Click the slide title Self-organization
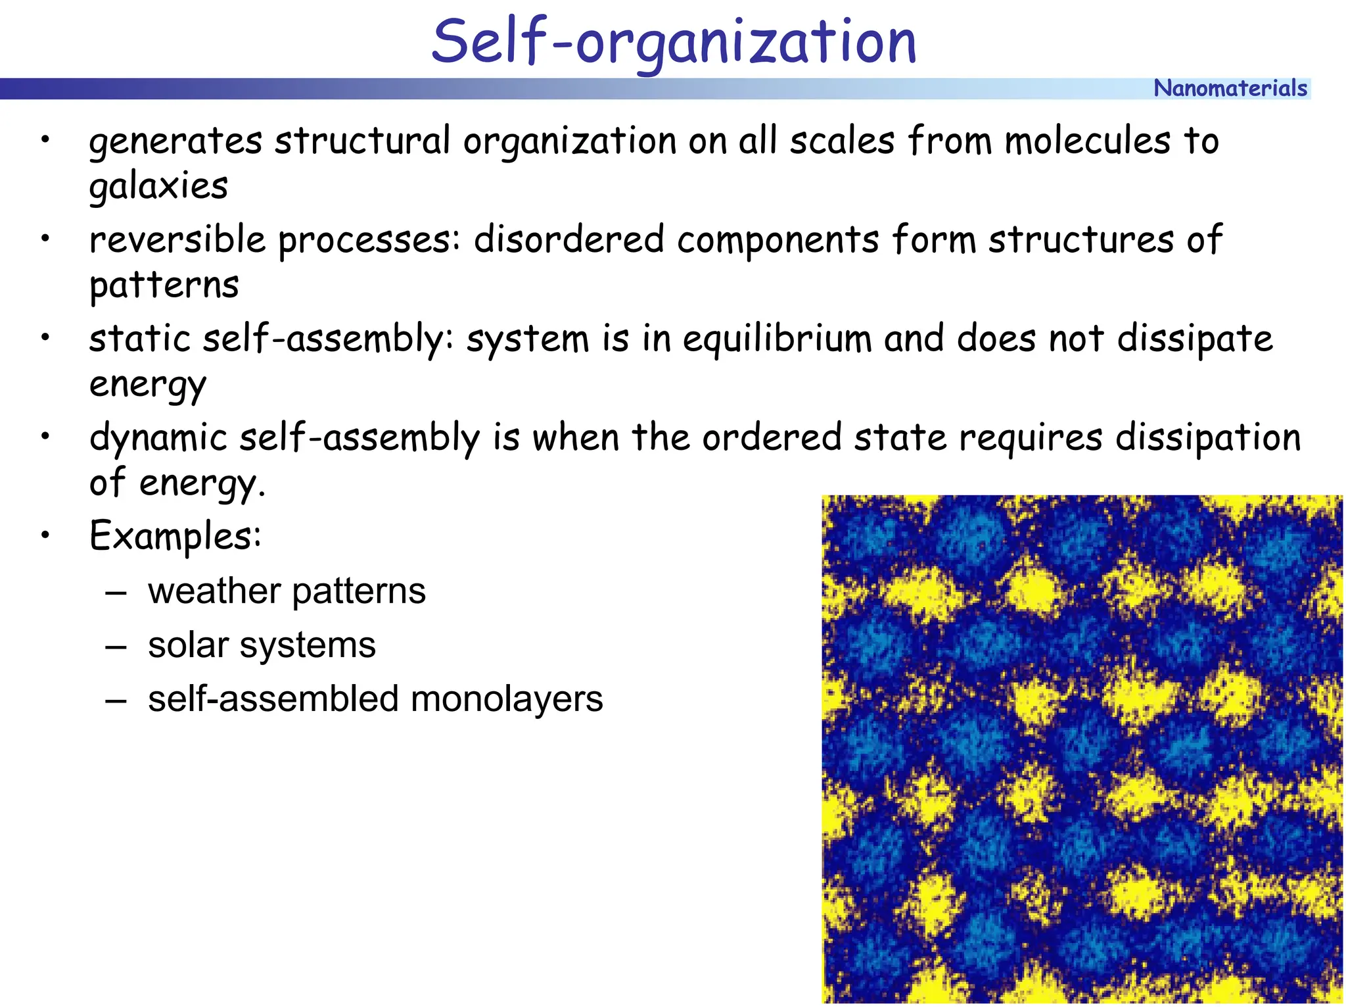click(674, 42)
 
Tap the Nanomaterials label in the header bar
click(1230, 88)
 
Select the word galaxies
click(158, 186)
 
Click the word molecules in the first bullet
click(1088, 141)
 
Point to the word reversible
click(177, 239)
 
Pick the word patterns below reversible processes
click(164, 285)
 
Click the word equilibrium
click(777, 340)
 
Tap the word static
click(139, 339)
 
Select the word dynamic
click(158, 439)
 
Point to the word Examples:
click(175, 536)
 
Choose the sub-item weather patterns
click(287, 591)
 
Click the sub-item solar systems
click(262, 645)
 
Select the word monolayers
click(506, 699)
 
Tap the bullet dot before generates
click(45, 139)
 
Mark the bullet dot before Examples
click(45, 535)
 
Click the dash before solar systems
click(116, 647)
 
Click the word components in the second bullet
click(777, 240)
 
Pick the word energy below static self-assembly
click(147, 385)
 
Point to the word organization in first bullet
click(569, 141)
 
